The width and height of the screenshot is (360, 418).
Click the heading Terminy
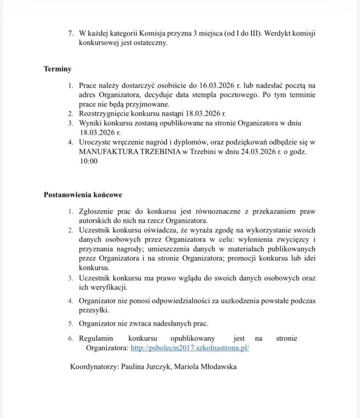(57, 68)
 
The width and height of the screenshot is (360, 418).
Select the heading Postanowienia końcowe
(83, 195)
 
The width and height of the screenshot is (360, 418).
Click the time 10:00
(87, 161)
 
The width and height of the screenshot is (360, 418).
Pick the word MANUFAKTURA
(106, 152)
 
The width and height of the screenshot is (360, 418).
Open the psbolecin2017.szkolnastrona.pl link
(190, 348)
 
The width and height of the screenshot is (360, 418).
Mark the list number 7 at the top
(71, 33)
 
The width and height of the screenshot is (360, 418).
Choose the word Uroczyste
(96, 142)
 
